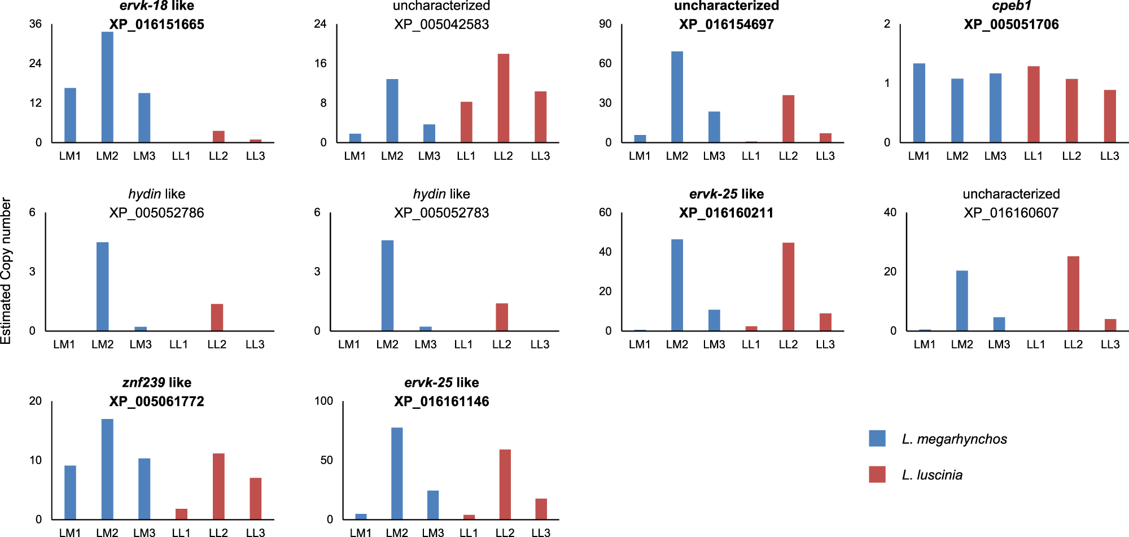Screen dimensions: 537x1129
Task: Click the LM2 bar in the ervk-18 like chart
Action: pyautogui.click(x=107, y=87)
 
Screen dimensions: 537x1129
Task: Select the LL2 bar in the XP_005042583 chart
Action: pyautogui.click(x=503, y=98)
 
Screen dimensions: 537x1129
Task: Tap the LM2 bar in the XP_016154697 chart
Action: pyautogui.click(x=677, y=97)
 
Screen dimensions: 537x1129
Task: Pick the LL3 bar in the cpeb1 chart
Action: pyautogui.click(x=1110, y=116)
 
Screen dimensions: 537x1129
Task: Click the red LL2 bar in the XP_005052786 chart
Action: pyautogui.click(x=217, y=317)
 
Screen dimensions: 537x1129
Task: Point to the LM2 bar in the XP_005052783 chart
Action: pyautogui.click(x=387, y=285)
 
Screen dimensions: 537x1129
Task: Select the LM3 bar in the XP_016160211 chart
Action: pyautogui.click(x=714, y=320)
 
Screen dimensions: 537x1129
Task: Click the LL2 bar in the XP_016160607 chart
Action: pyautogui.click(x=1073, y=294)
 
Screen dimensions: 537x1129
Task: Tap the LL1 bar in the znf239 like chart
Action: pyautogui.click(x=181, y=514)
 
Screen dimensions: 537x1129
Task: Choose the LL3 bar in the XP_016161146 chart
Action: pyautogui.click(x=541, y=509)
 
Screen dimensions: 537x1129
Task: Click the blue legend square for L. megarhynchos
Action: pyautogui.click(x=877, y=438)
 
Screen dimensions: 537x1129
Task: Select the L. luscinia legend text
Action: pyautogui.click(x=932, y=475)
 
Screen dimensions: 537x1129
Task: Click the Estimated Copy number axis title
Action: pyautogui.click(x=6, y=270)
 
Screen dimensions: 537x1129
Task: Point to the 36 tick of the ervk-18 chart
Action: pyautogui.click(x=35, y=24)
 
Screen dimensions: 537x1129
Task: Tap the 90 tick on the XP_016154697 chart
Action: pyautogui.click(x=605, y=24)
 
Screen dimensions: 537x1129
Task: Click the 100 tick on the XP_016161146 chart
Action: pyautogui.click(x=323, y=401)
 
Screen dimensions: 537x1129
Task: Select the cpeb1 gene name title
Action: pyautogui.click(x=1011, y=6)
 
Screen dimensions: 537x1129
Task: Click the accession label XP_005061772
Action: pyautogui.click(x=156, y=401)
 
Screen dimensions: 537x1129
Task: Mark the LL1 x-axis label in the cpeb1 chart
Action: pyautogui.click(x=1033, y=156)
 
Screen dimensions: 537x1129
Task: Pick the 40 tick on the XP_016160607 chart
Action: pyautogui.click(x=890, y=212)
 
